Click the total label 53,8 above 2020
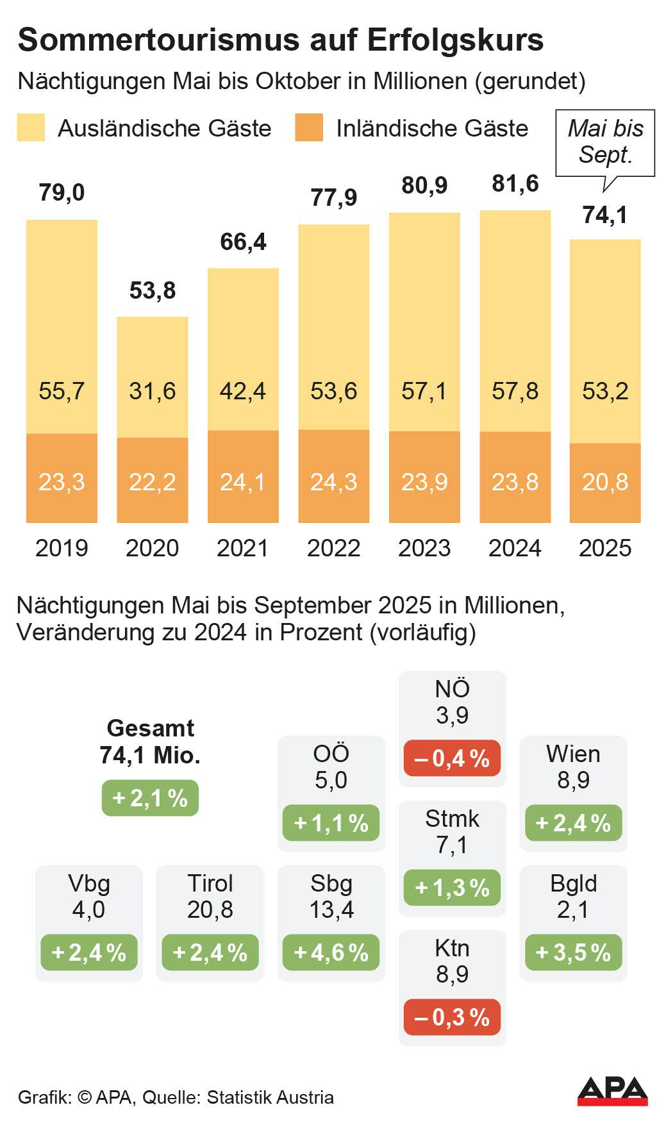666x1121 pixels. (153, 290)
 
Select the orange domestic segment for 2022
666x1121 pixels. (333, 476)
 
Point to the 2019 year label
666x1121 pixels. (62, 548)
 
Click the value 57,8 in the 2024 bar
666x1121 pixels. (515, 391)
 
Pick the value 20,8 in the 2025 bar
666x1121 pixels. (605, 482)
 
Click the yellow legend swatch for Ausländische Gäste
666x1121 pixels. (31, 128)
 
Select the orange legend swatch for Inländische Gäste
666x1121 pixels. (309, 128)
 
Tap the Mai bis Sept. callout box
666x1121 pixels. (605, 142)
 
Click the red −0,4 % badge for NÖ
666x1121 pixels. (452, 758)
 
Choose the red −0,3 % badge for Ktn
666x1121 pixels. (452, 1017)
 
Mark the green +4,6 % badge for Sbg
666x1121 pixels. (331, 952)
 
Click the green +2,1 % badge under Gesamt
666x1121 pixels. (150, 798)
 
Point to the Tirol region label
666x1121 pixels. (210, 883)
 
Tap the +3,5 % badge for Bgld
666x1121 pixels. (573, 952)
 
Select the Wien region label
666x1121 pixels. (573, 754)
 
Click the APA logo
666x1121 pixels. (612, 1091)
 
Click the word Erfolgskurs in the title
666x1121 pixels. (455, 40)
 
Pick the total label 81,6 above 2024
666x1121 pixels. (515, 184)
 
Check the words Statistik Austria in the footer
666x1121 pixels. (270, 1097)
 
